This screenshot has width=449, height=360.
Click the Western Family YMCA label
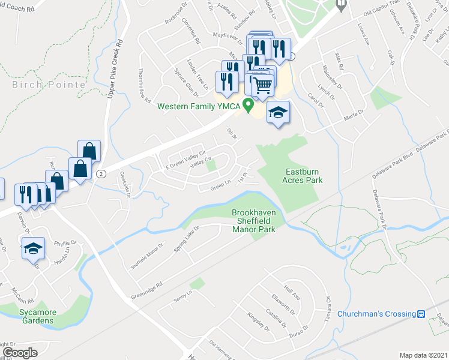199,107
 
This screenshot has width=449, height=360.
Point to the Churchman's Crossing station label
376,314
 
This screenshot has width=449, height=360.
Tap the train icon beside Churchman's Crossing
421,314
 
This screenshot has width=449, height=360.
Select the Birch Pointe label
49,85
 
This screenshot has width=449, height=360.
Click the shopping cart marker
262,85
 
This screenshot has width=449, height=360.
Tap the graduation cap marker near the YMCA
278,114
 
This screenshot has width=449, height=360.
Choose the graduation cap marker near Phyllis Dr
33,248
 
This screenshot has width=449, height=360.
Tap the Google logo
20,353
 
